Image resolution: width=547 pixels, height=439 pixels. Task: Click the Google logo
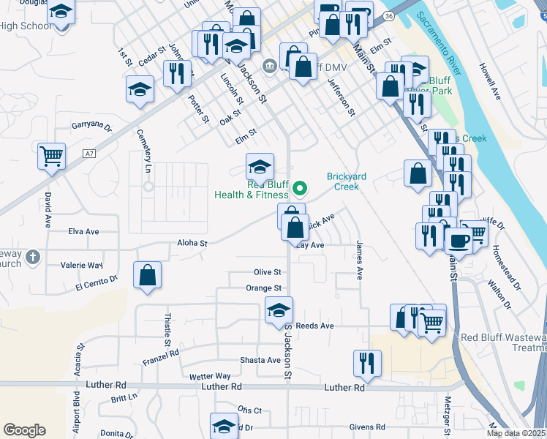click(24, 430)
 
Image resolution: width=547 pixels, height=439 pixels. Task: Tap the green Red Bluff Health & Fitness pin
click(298, 190)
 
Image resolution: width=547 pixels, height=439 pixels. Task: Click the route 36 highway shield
click(389, 15)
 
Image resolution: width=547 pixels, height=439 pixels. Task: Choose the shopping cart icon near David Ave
click(52, 155)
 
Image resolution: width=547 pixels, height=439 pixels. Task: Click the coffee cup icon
click(459, 239)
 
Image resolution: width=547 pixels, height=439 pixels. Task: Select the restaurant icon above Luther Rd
click(366, 362)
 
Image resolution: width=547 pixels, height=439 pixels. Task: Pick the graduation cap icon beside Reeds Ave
click(279, 309)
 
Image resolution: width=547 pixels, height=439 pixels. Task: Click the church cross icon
click(31, 257)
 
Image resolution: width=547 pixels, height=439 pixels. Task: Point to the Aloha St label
click(193, 243)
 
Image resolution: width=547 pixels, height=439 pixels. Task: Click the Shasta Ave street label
click(260, 360)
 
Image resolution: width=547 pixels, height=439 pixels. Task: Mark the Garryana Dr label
click(91, 127)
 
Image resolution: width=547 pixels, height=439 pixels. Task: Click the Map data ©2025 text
click(516, 433)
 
